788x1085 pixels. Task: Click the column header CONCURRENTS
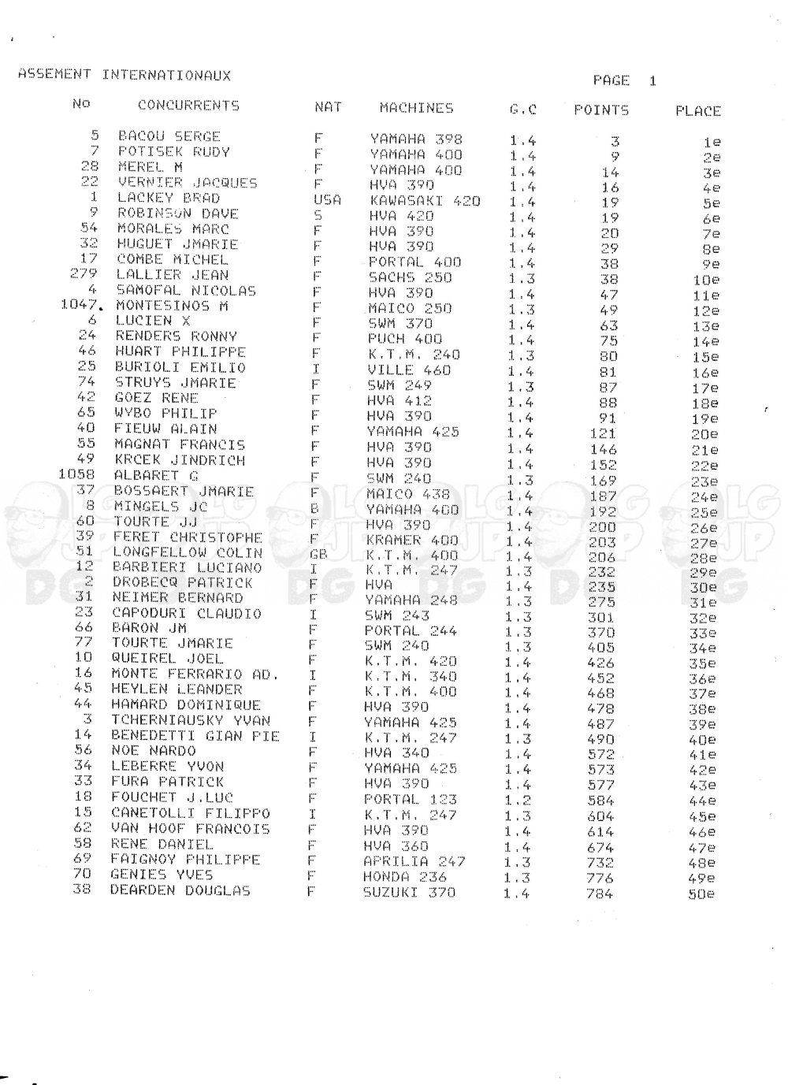[188, 106]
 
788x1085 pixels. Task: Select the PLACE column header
[697, 111]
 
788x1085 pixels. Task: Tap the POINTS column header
[601, 110]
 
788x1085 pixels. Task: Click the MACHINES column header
[416, 108]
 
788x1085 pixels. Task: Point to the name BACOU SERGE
[169, 136]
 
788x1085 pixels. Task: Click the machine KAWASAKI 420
[425, 201]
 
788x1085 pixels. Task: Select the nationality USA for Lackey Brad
[327, 200]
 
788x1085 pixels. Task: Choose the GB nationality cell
[319, 555]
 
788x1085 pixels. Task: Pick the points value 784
[600, 894]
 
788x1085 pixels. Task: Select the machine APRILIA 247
[414, 861]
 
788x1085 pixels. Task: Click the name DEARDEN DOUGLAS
[180, 891]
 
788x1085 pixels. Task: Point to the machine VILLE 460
[409, 370]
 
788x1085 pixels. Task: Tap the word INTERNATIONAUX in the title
[166, 76]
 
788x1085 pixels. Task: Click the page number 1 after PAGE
[652, 81]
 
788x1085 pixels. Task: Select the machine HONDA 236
[405, 877]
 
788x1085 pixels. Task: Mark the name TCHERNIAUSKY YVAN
[191, 721]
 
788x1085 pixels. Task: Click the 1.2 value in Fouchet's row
[518, 801]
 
